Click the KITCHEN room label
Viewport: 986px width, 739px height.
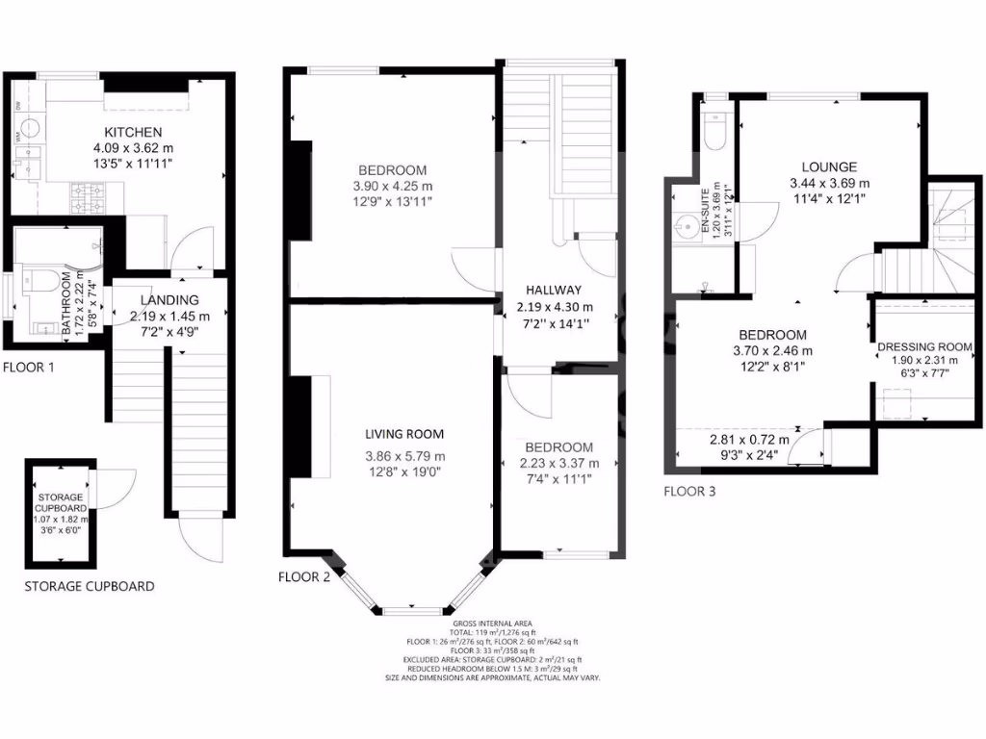(134, 132)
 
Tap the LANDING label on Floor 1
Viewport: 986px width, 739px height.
(169, 299)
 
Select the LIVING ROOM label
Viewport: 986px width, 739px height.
(404, 435)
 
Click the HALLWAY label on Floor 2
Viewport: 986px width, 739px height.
(553, 290)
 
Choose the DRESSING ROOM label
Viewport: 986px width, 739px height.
(924, 346)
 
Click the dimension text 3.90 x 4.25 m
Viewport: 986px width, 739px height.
(393, 186)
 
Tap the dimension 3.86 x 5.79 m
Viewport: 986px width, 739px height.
(404, 456)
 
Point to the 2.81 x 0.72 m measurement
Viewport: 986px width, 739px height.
(748, 440)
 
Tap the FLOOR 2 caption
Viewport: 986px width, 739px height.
(304, 577)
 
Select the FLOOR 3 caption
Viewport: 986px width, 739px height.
(689, 490)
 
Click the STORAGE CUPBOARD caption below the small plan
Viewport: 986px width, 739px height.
(89, 586)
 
